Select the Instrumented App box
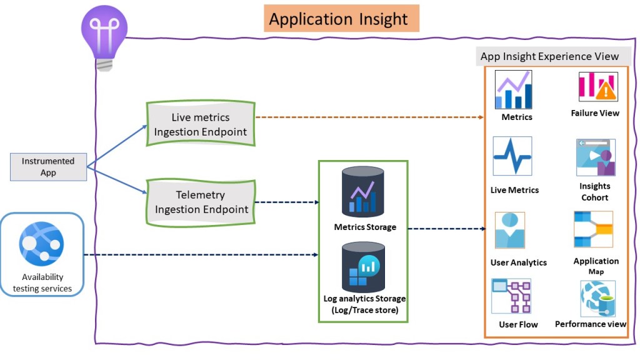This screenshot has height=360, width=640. pos(48,167)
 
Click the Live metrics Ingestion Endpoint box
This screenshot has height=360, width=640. pos(201,124)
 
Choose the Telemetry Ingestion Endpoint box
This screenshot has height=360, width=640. pos(201,202)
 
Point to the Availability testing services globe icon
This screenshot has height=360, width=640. pos(41,244)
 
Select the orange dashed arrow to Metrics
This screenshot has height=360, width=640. pos(372,117)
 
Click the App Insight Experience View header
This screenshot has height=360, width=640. pos(549,56)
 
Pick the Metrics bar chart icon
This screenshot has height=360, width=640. pos(513,90)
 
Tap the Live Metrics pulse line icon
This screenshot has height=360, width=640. pos(512,156)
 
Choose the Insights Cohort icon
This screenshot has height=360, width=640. pos(595,157)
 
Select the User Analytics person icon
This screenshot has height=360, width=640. pos(510,231)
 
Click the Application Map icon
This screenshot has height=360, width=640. pos(593,229)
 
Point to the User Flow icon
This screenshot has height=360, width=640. pos(511,296)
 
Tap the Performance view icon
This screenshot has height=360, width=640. pos(597,298)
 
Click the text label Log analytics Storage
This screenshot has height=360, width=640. pos(364,299)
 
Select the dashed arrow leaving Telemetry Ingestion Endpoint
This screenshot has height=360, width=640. pos(287,202)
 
